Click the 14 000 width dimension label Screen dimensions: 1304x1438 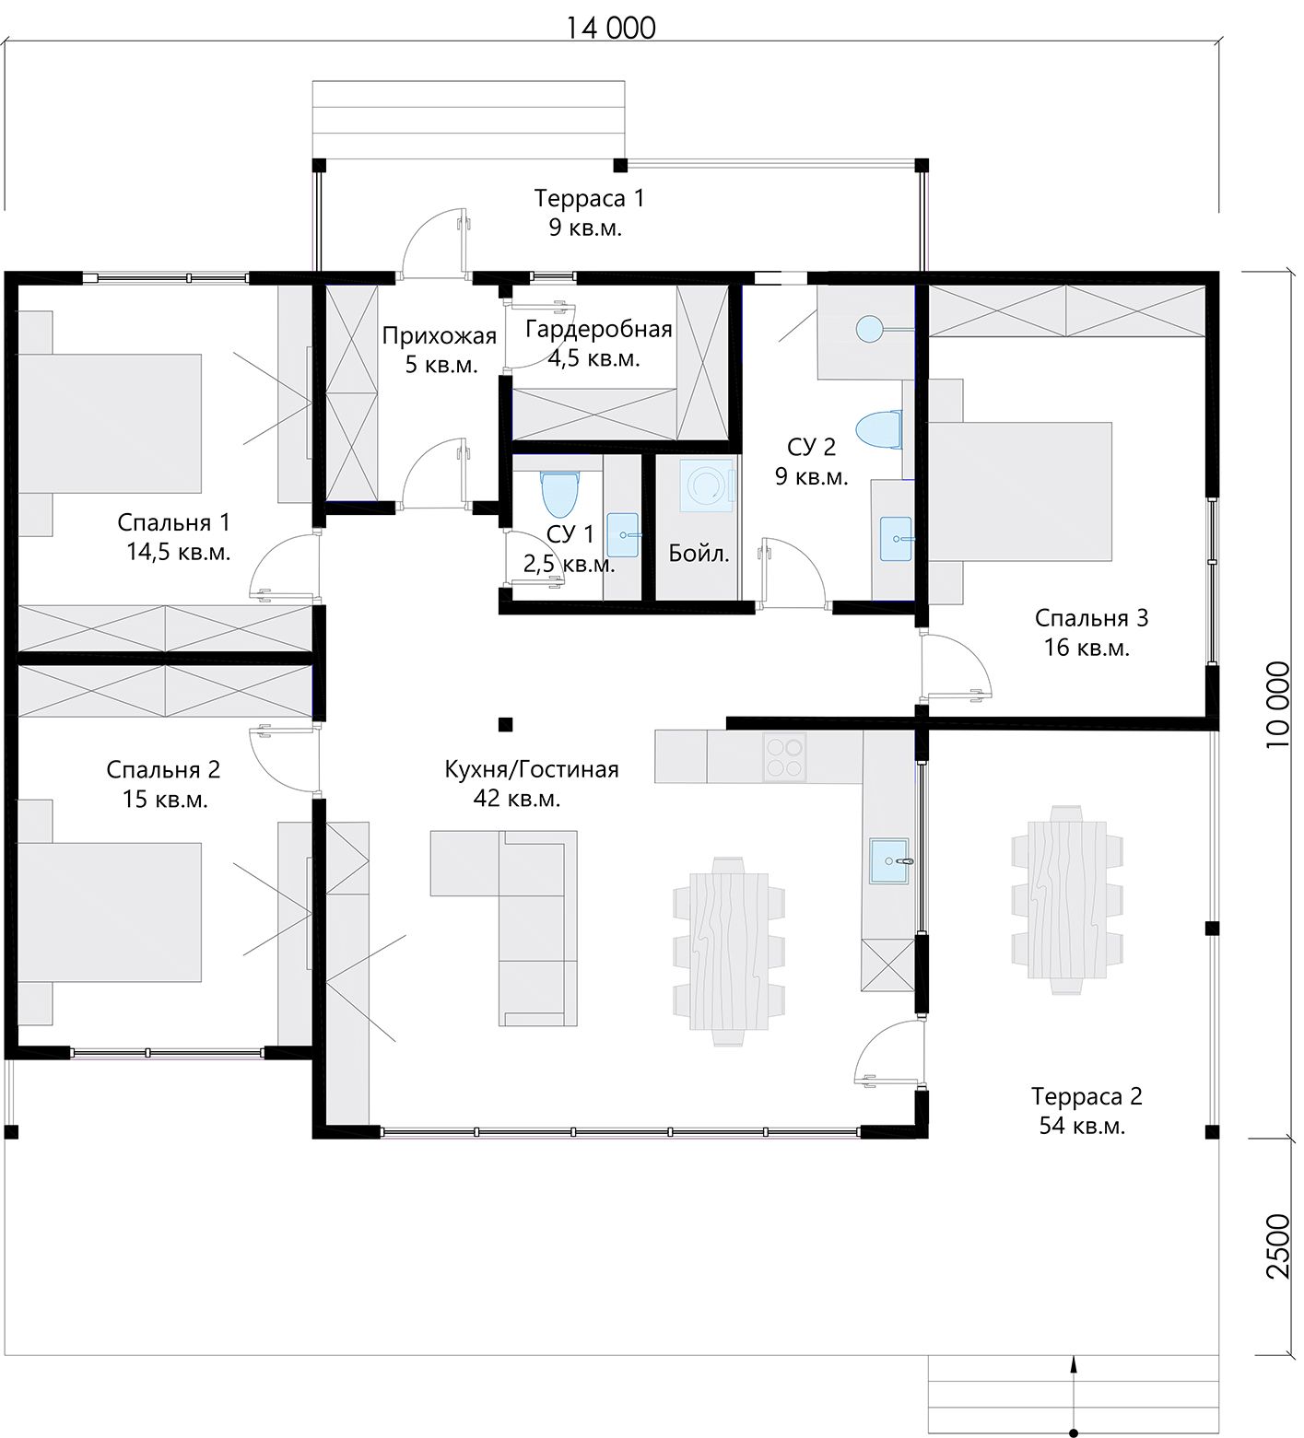pos(610,28)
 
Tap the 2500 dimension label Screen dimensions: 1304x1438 pos(1278,1246)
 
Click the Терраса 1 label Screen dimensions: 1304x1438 pos(589,198)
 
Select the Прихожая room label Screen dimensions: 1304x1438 pos(440,336)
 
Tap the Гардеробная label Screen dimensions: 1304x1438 pos(599,329)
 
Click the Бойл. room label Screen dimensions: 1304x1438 pos(699,554)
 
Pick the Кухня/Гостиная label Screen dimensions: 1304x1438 pos(532,769)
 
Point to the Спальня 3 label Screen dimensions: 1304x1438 pos(1091,617)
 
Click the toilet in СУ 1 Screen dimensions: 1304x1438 pos(558,493)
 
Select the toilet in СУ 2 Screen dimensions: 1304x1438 pos(877,430)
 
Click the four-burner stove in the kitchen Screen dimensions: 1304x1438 pos(784,756)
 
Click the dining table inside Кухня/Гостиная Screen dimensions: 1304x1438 pos(730,950)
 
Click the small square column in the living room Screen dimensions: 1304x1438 pos(505,724)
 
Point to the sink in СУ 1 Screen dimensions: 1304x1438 pos(624,535)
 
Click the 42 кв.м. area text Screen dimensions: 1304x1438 pos(517,799)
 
